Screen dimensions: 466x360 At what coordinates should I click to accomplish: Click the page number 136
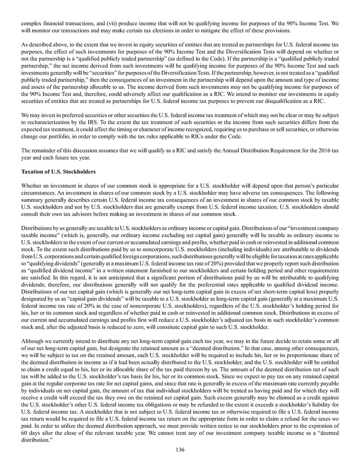click(180, 449)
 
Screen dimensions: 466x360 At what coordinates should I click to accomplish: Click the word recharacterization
click(52, 122)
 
